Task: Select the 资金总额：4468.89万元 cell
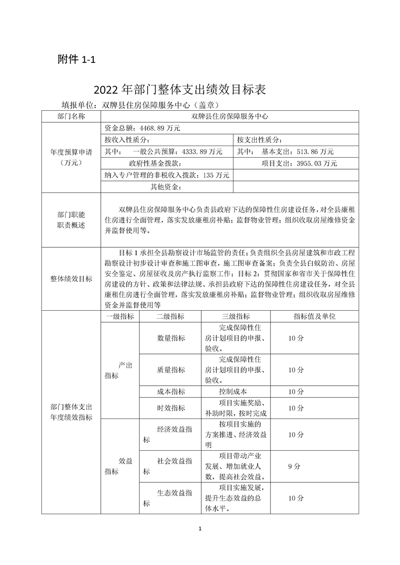(142, 128)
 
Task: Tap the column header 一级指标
(120, 317)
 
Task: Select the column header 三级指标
(236, 317)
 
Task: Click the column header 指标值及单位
(314, 317)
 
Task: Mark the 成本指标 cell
(171, 392)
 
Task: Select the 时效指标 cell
(171, 408)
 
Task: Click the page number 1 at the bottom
(200, 529)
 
